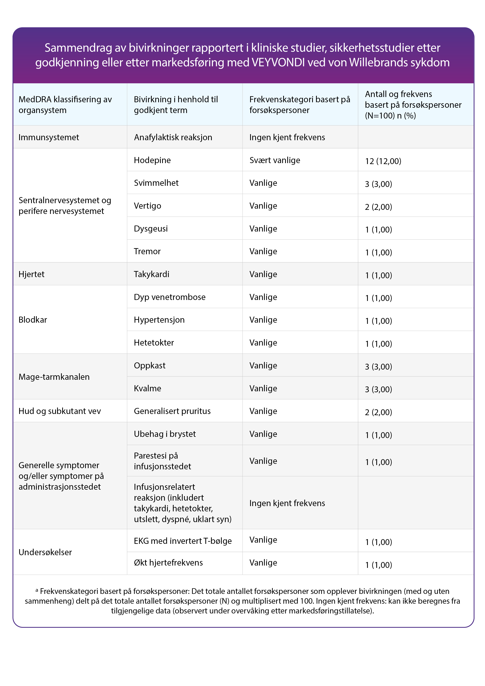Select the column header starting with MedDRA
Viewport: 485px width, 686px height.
65,105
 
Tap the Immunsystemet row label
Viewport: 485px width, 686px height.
49,137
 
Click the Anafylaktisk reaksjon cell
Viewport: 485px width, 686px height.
173,137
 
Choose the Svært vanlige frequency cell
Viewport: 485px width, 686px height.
275,160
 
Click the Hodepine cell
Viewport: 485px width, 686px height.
152,160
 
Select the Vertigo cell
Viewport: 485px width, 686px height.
147,206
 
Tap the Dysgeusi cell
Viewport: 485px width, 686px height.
151,229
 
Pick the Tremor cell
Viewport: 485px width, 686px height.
147,251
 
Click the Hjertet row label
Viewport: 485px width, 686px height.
31,274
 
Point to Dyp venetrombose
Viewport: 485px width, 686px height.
169,297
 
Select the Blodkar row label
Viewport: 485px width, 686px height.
33,320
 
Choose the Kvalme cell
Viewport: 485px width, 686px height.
147,388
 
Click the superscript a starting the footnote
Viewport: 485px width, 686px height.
37,590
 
